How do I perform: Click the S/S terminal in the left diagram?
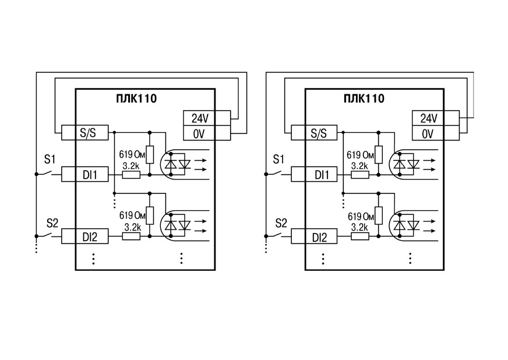[84, 133]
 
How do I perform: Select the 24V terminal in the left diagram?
[207, 118]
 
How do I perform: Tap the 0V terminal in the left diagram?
[207, 133]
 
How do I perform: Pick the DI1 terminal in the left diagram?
[84, 174]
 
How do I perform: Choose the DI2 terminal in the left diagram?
[84, 237]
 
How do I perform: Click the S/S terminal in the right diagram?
[314, 133]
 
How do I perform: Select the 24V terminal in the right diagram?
[436, 118]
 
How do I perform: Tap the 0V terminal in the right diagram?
[436, 133]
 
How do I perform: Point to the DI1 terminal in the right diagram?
[314, 174]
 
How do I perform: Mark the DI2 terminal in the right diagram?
[314, 237]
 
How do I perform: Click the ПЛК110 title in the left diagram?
[136, 98]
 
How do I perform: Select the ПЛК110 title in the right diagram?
[364, 98]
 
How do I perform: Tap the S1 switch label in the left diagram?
[50, 160]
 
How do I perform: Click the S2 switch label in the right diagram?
[281, 223]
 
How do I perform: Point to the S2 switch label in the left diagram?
[52, 223]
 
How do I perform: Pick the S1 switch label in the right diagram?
[278, 160]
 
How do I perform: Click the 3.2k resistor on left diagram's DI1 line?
[131, 175]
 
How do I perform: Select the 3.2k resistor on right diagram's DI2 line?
[360, 237]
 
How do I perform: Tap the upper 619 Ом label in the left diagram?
[132, 154]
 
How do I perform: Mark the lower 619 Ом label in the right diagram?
[361, 216]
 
